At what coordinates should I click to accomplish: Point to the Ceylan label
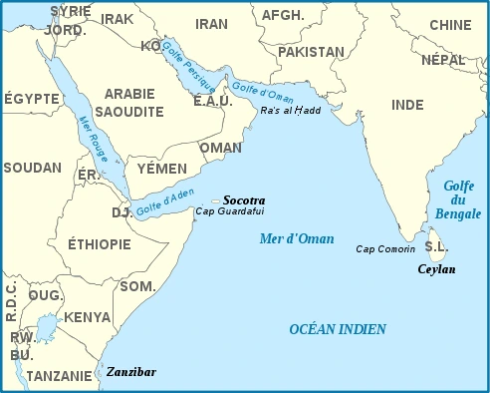coord(436,269)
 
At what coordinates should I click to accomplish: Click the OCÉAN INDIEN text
coord(338,329)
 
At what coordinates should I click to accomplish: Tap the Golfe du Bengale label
coord(458,199)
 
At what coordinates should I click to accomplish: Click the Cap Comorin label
coord(384,249)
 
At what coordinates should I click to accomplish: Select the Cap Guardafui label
coord(230,211)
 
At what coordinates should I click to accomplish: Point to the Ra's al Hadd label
coord(290,110)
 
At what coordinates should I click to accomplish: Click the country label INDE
coord(407,104)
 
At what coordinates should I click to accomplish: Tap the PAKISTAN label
coord(311,50)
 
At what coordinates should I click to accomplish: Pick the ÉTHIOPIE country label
coord(99,244)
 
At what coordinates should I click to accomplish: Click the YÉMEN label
coord(161,169)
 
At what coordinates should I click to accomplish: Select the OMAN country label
coord(220,148)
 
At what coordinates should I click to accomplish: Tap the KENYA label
coord(88,317)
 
